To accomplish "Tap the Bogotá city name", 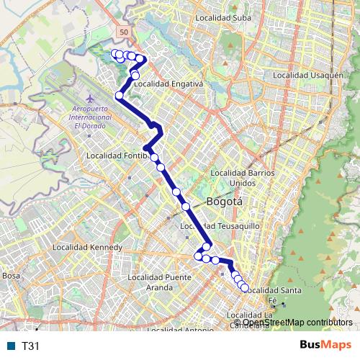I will pos(224,202).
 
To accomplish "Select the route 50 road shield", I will pos(125,33).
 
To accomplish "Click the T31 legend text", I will pos(31,346).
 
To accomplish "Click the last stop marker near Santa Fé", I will pos(245,288).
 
